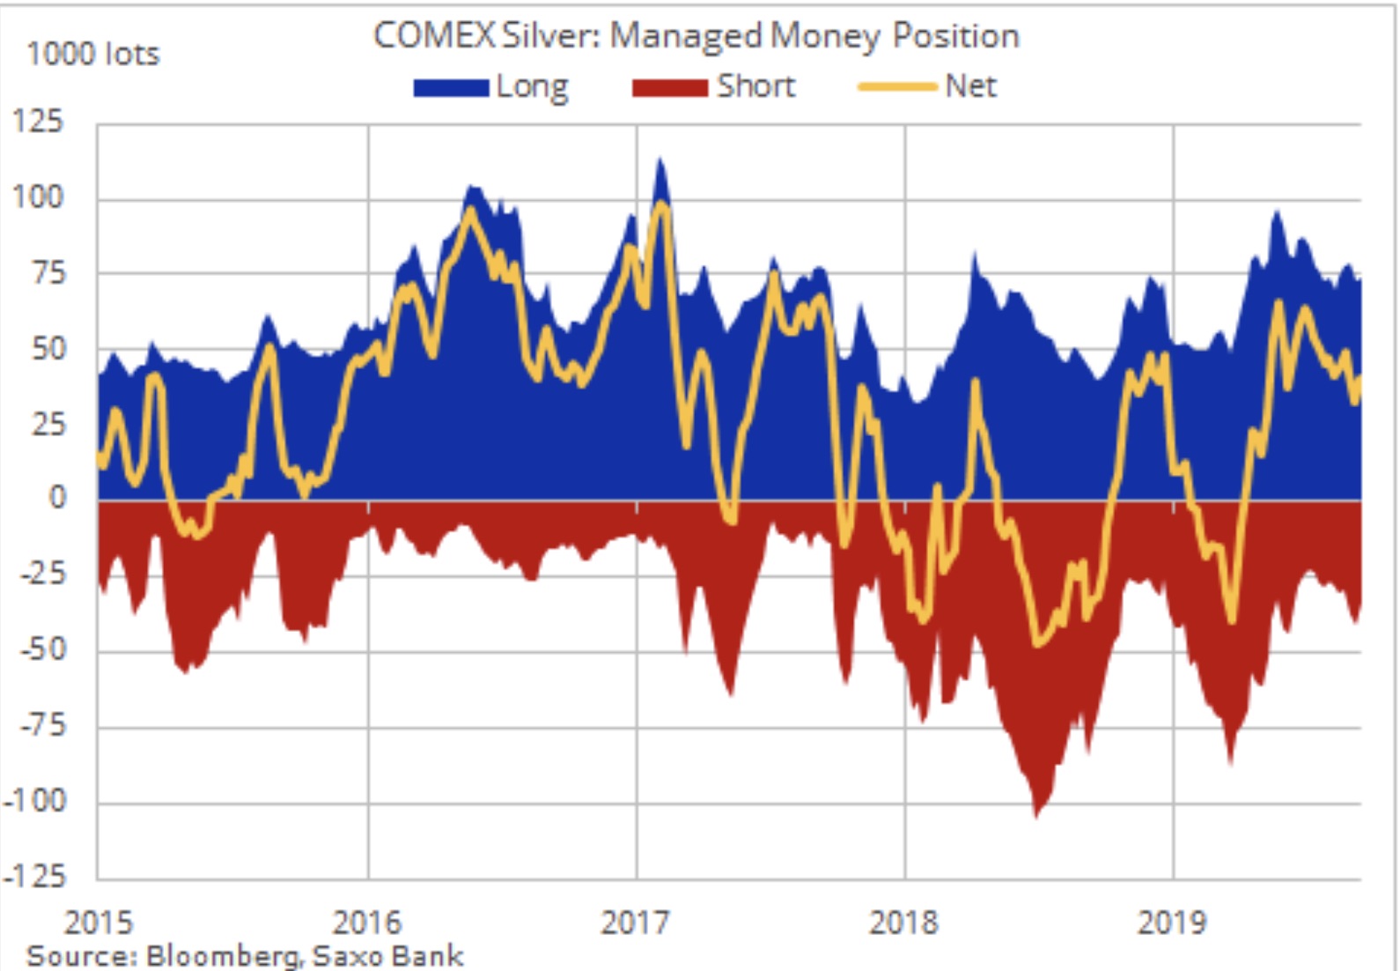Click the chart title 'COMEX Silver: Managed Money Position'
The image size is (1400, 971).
click(x=696, y=36)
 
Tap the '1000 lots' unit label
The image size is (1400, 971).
click(x=93, y=55)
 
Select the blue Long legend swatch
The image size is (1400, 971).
click(x=451, y=87)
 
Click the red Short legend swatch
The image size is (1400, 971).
click(x=669, y=87)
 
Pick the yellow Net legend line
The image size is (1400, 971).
click(x=896, y=86)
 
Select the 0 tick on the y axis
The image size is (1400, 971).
click(x=56, y=498)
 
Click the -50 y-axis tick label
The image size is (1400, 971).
click(x=41, y=650)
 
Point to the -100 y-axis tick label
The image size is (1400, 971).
click(x=35, y=801)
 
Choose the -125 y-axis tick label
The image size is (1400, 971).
click(x=35, y=877)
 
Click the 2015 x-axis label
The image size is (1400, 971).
click(x=99, y=923)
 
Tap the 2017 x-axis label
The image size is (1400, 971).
click(x=636, y=923)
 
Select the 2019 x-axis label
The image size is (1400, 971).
click(x=1171, y=923)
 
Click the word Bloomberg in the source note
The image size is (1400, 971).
click(x=224, y=957)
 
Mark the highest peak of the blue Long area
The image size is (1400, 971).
click(x=659, y=161)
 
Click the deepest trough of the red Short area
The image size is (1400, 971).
click(x=1037, y=814)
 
